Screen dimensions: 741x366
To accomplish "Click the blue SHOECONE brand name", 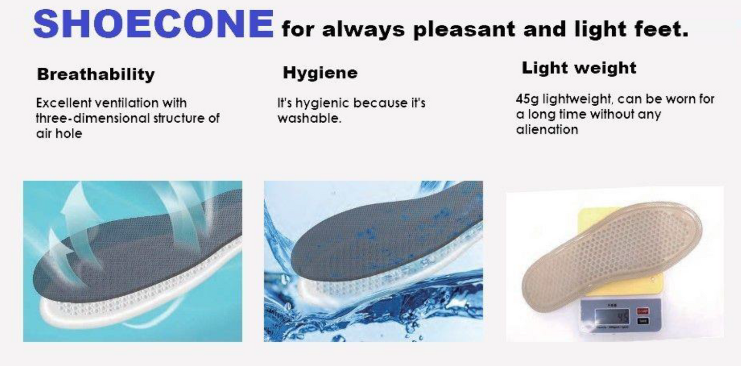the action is (x=153, y=24).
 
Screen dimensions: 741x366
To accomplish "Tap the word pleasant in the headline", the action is (x=464, y=30).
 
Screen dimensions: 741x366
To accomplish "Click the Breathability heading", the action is (x=95, y=74).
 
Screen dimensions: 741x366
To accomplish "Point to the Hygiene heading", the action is (x=320, y=73).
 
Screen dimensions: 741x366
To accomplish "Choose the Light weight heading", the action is (x=579, y=68).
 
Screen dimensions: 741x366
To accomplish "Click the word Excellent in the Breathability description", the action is (x=64, y=103).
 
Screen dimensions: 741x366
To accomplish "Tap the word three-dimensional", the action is (x=93, y=118).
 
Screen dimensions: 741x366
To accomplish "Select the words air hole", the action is (x=59, y=133).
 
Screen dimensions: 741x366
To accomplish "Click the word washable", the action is (x=309, y=118).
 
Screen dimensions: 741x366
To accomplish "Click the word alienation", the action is (x=547, y=129).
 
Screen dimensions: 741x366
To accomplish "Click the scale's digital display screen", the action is (x=612, y=317).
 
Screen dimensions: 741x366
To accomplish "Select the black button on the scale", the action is (x=643, y=321).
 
